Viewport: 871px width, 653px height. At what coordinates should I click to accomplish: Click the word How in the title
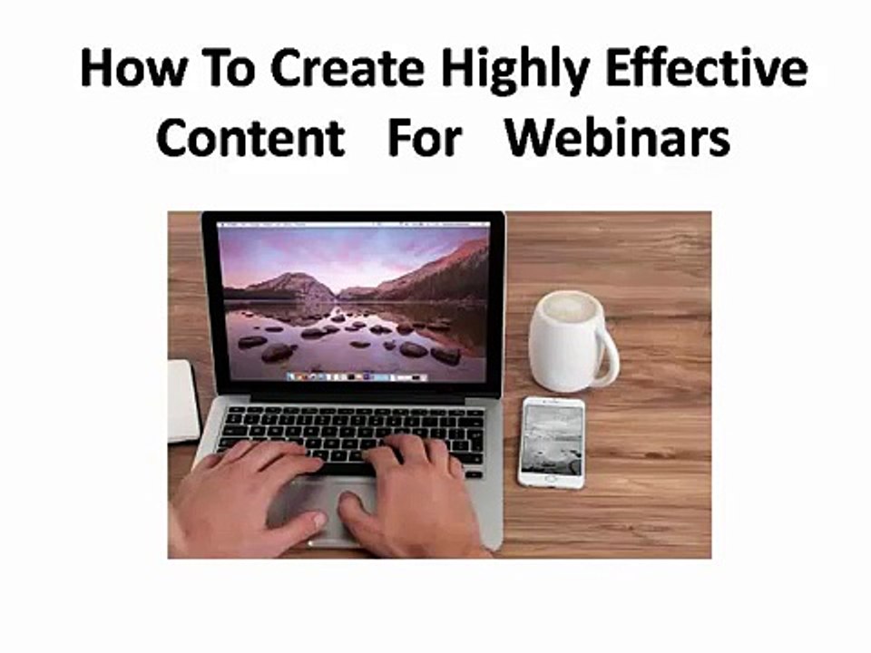pyautogui.click(x=126, y=68)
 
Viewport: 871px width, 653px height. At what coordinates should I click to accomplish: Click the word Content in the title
pyautogui.click(x=250, y=139)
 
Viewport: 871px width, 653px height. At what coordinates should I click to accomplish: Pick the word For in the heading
pyautogui.click(x=425, y=139)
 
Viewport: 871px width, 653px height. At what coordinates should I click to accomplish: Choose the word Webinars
pyautogui.click(x=618, y=139)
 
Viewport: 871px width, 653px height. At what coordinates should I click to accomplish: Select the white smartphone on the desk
pyautogui.click(x=552, y=442)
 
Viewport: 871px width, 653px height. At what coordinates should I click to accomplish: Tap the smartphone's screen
pyautogui.click(x=552, y=439)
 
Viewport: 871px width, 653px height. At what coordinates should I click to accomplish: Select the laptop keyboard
pyautogui.click(x=354, y=430)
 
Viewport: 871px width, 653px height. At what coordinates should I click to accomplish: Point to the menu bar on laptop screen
pyautogui.click(x=354, y=221)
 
